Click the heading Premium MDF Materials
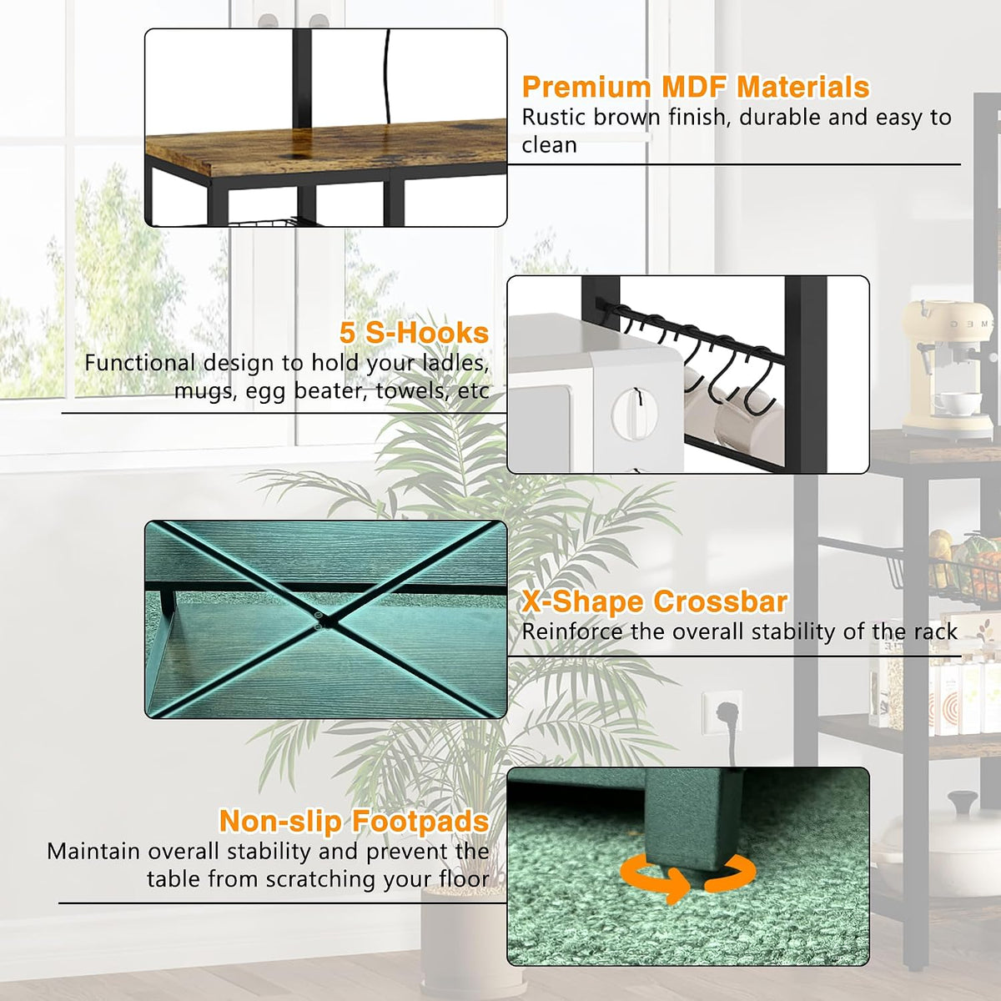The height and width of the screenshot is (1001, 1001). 696,87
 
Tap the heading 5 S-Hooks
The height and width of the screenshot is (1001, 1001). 414,333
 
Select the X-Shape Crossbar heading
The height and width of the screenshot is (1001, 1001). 655,601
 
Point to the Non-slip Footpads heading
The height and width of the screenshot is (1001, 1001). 355,822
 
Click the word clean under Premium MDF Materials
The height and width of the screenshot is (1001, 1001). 549,145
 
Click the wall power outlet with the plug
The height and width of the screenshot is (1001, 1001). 721,710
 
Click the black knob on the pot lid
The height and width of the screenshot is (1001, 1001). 963,802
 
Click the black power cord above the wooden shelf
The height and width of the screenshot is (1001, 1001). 386,76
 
